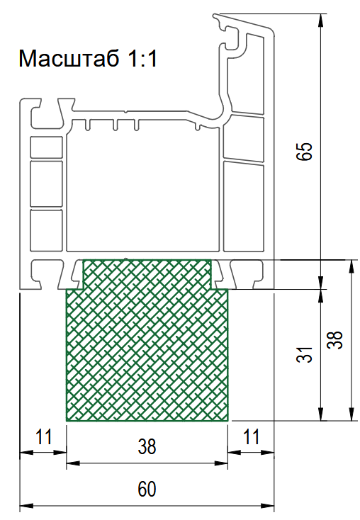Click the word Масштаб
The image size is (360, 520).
click(69, 59)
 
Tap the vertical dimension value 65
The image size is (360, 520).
click(304, 152)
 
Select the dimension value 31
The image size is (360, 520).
click(304, 354)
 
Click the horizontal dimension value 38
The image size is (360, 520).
click(147, 446)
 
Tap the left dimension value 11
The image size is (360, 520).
click(44, 436)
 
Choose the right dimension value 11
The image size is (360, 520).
click(251, 436)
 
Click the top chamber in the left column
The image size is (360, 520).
click(47, 147)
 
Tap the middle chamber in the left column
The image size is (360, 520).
click(47, 184)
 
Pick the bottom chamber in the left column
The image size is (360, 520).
click(47, 230)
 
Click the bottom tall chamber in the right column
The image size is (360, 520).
click(244, 206)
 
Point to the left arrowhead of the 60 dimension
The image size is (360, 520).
click(25, 506)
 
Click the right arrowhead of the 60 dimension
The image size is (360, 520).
click(269, 506)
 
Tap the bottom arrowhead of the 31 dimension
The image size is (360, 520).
click(320, 415)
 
